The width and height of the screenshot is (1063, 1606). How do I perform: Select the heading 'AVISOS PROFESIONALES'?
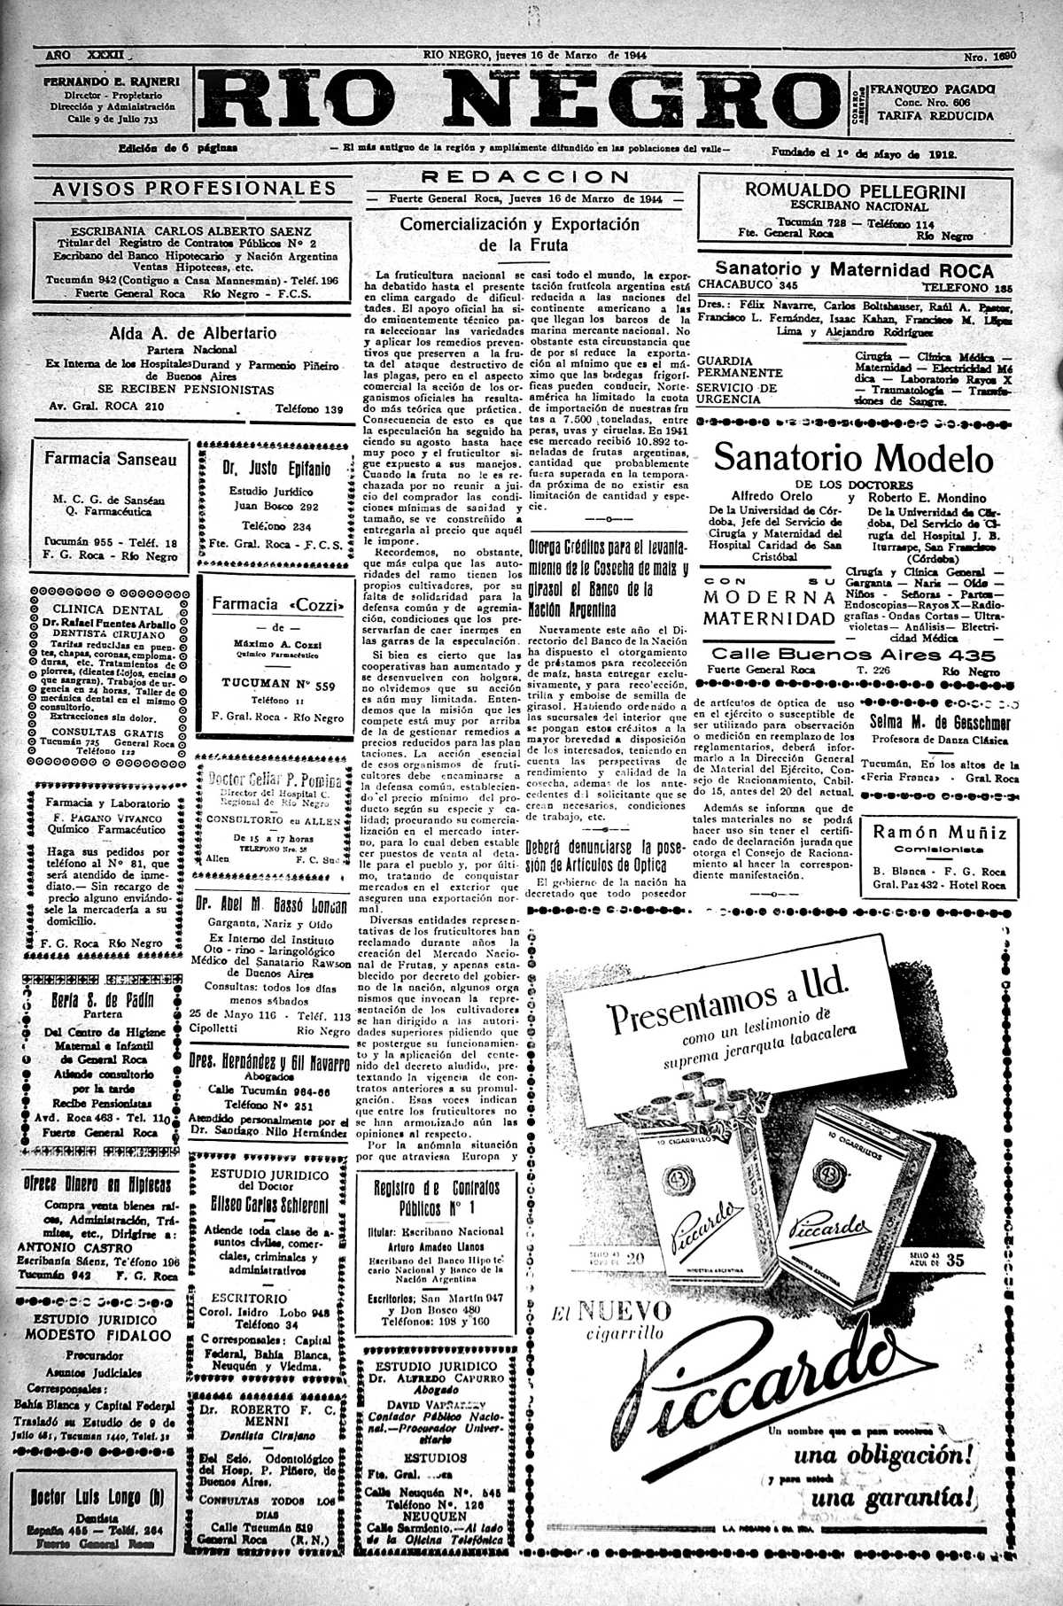194,188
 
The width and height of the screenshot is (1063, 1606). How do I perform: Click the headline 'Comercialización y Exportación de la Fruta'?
520,234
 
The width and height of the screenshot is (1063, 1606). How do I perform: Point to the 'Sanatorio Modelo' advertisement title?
852,458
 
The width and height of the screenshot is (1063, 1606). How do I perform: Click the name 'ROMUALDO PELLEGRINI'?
855,190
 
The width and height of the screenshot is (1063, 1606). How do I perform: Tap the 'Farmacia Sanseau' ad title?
111,459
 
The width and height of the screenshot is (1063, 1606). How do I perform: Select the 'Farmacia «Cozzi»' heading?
277,604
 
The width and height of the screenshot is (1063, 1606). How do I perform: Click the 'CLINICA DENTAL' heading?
108,609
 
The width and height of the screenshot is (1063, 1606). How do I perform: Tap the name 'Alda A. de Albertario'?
192,334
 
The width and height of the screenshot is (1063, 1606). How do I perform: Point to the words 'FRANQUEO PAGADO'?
933,89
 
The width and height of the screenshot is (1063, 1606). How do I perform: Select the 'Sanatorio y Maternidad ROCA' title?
854,270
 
